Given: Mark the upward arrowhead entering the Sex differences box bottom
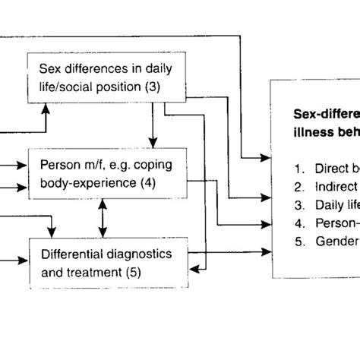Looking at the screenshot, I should [x=46, y=108].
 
